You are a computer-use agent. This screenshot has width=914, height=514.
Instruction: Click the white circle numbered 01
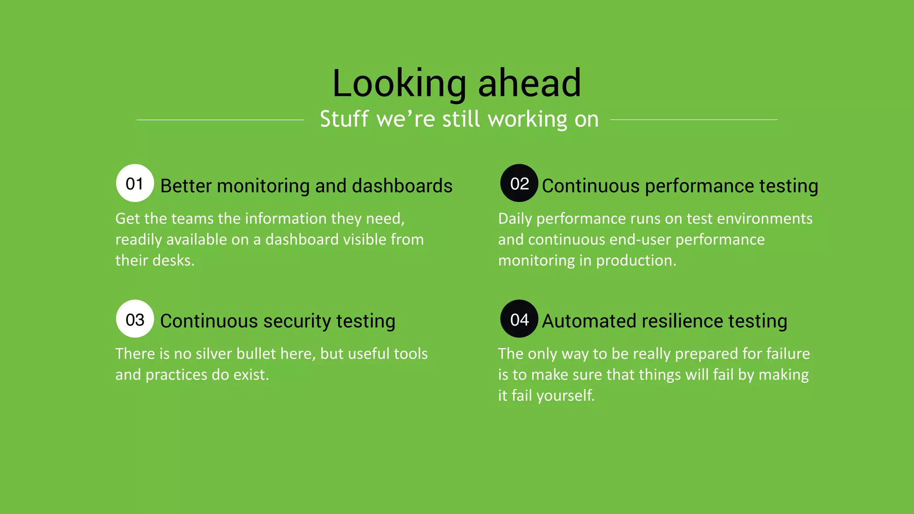click(x=135, y=183)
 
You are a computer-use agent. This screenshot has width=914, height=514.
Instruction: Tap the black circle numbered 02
click(x=519, y=183)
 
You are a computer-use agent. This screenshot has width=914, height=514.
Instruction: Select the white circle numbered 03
click(x=135, y=319)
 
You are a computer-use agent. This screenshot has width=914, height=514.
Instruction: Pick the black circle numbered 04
click(x=519, y=319)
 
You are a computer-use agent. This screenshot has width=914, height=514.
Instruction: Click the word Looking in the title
click(x=399, y=83)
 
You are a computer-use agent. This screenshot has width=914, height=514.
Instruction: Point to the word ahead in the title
click(x=530, y=83)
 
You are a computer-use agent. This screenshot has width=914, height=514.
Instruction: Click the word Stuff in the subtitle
click(x=344, y=119)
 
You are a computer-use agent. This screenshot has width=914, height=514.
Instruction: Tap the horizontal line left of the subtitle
click(x=220, y=120)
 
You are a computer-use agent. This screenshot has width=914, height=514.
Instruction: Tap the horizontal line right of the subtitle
click(x=694, y=120)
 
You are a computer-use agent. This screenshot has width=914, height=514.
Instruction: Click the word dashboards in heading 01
click(x=402, y=186)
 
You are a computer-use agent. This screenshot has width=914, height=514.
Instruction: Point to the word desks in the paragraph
click(x=173, y=261)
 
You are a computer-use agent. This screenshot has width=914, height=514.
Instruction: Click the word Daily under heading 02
click(x=515, y=219)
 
